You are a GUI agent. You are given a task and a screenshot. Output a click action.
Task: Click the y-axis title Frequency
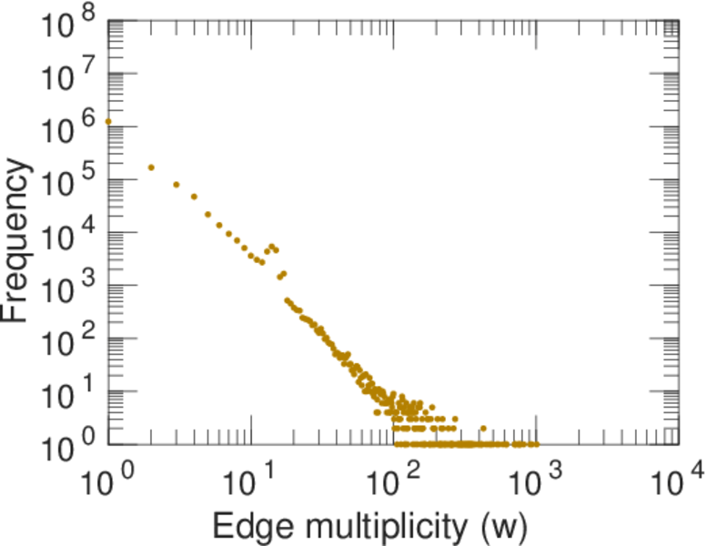tap(20, 238)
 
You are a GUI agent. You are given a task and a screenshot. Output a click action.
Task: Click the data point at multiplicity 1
tap(108, 121)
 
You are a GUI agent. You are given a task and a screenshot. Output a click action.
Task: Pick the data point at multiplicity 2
tap(151, 167)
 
